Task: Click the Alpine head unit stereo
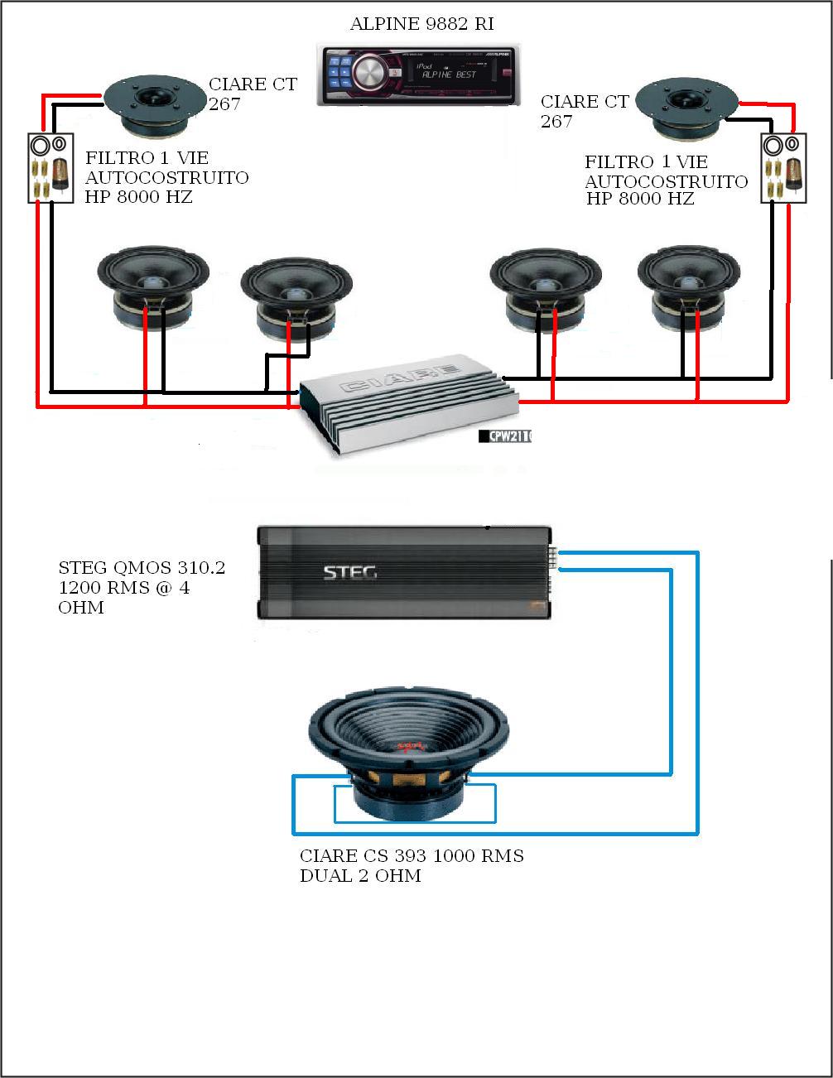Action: [419, 75]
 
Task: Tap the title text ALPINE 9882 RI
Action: [421, 24]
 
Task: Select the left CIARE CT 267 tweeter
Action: [155, 106]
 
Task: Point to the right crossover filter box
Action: [783, 168]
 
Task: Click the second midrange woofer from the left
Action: [296, 298]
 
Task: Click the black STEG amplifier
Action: [403, 572]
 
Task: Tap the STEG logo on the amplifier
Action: [349, 572]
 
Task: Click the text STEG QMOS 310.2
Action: [142, 568]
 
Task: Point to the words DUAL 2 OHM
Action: [360, 876]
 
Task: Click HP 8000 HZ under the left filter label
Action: [138, 197]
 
